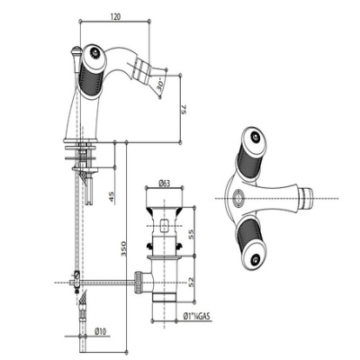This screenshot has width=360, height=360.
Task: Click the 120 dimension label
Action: click(x=115, y=16)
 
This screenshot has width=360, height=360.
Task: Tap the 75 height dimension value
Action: click(x=184, y=109)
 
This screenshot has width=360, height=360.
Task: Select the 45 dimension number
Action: click(x=112, y=197)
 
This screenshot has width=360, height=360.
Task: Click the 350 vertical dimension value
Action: click(x=122, y=248)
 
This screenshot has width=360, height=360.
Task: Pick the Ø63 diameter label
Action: click(x=164, y=184)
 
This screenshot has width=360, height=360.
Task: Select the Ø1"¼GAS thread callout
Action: click(x=197, y=316)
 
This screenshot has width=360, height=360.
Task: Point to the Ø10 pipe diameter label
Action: click(x=100, y=331)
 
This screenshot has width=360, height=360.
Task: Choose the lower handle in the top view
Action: click(x=252, y=244)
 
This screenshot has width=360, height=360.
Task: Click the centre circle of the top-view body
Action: click(x=238, y=198)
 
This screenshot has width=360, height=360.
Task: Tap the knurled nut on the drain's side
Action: click(x=139, y=281)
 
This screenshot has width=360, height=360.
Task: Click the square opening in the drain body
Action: click(x=165, y=226)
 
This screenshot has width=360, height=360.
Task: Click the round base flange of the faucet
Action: click(x=81, y=140)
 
